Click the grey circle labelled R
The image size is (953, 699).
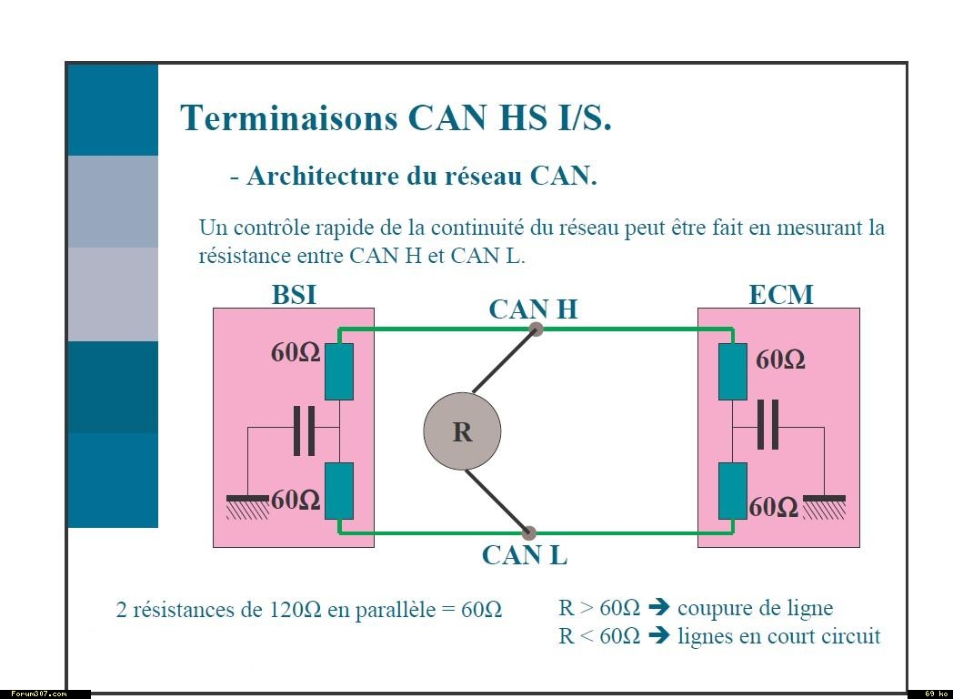[x=462, y=431]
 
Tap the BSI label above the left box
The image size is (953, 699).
[x=294, y=295]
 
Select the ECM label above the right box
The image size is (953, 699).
[x=780, y=295]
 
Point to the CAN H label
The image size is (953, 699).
[x=533, y=309]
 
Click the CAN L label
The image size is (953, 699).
[x=525, y=554]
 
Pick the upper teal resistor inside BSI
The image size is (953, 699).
[x=338, y=372]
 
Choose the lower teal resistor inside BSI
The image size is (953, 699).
[x=338, y=490]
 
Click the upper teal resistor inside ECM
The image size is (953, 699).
[x=733, y=372]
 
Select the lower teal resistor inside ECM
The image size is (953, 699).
[x=733, y=490]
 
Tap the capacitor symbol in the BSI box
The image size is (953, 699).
[x=304, y=431]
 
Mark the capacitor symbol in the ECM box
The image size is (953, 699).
[x=768, y=425]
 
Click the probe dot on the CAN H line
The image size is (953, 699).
[x=537, y=329]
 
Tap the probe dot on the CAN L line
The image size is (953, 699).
[x=530, y=532]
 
